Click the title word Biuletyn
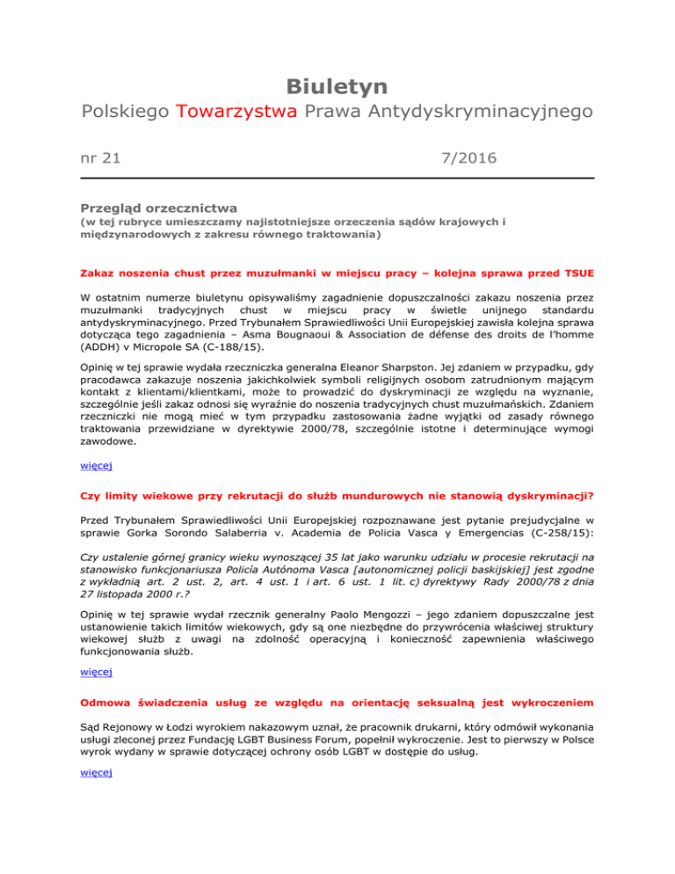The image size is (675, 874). pyautogui.click(x=337, y=86)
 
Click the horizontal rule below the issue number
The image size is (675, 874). pyautogui.click(x=337, y=179)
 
